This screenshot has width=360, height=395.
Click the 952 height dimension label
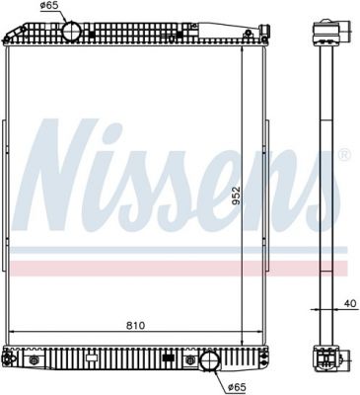(x=236, y=197)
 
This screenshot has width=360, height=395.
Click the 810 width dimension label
(x=136, y=326)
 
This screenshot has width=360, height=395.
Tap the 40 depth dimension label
(x=351, y=303)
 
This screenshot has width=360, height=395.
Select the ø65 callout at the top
(x=48, y=5)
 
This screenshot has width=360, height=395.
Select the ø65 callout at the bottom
(x=237, y=388)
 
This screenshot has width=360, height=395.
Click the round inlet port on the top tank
(x=71, y=31)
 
